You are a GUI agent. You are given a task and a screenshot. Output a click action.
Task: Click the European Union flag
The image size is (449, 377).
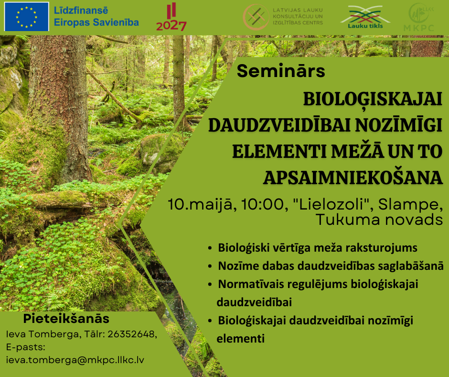tap(27, 16)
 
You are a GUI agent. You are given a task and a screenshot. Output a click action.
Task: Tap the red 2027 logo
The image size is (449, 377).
tap(171, 17)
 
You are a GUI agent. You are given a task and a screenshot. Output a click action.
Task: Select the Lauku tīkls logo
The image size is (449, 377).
tap(365, 17)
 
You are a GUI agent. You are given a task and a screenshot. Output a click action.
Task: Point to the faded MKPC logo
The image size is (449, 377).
tap(419, 17)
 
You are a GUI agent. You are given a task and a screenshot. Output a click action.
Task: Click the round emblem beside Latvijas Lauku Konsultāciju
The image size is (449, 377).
tap(256, 17)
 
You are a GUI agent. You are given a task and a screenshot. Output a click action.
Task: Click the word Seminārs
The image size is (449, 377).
tap(281, 71)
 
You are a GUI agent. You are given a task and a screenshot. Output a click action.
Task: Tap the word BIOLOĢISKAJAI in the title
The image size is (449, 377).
tap(373, 99)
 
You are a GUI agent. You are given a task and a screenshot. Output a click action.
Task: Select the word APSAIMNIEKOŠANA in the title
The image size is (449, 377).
tap(353, 178)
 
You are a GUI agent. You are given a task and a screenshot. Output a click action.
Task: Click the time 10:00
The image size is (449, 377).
tap(265, 205)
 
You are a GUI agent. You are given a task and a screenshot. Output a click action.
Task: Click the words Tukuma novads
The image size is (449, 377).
tap(379, 220)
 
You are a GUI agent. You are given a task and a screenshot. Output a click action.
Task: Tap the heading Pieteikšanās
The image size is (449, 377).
tap(66, 319)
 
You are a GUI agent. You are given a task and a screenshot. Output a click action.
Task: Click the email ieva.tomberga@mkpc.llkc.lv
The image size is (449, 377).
tap(75, 360)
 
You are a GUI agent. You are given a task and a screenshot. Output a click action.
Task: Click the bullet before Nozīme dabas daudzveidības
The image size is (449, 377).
tap(210, 266)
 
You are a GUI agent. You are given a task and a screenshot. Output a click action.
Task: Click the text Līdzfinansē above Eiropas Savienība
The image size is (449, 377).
tap(81, 11)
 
